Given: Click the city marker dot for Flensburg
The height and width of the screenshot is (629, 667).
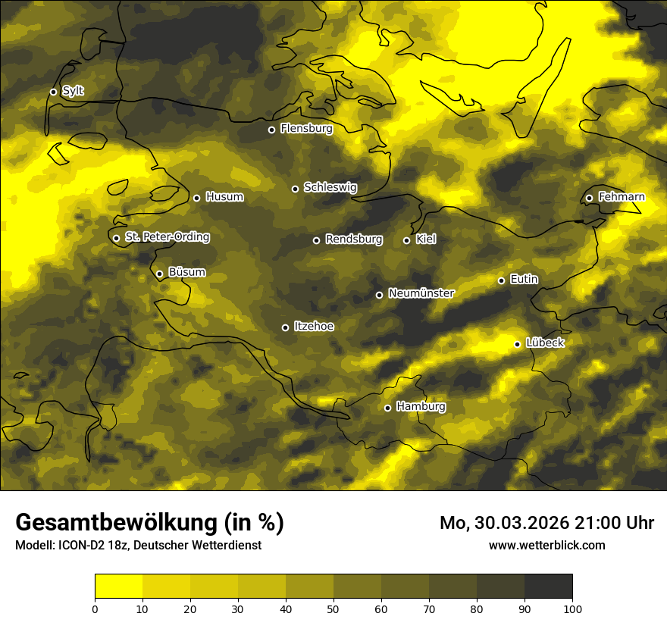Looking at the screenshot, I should tap(271, 130).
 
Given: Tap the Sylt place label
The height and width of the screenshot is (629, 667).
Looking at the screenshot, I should tap(73, 91).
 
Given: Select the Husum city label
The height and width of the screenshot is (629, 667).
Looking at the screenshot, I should tap(224, 197).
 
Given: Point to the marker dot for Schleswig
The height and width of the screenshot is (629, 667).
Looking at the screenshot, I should tap(295, 189).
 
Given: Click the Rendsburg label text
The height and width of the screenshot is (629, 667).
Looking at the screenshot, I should tap(354, 239).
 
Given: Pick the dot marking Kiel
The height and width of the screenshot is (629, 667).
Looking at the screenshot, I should tap(406, 240).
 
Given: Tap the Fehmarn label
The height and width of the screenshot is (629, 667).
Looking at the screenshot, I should tap(622, 197).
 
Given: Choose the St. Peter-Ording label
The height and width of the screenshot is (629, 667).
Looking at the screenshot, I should tap(167, 237).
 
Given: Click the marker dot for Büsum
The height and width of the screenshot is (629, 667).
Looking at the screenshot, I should tap(159, 274).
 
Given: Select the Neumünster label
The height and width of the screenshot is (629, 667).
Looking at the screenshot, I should tap(421, 293).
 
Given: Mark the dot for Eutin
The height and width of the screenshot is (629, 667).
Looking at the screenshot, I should tap(501, 280).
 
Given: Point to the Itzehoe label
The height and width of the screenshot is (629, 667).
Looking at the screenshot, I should tap(314, 327).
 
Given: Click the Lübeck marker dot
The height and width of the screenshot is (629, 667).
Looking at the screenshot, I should tap(517, 344).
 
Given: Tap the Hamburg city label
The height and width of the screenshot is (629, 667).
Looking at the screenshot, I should tap(421, 407).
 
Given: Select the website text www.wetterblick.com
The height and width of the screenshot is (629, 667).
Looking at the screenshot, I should tap(547, 545).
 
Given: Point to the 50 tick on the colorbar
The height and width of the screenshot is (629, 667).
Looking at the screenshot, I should tap(333, 608).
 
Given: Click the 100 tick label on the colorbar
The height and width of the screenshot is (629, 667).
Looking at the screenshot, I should tap(572, 608).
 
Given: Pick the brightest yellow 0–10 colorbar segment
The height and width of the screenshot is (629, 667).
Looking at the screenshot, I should tap(119, 587).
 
